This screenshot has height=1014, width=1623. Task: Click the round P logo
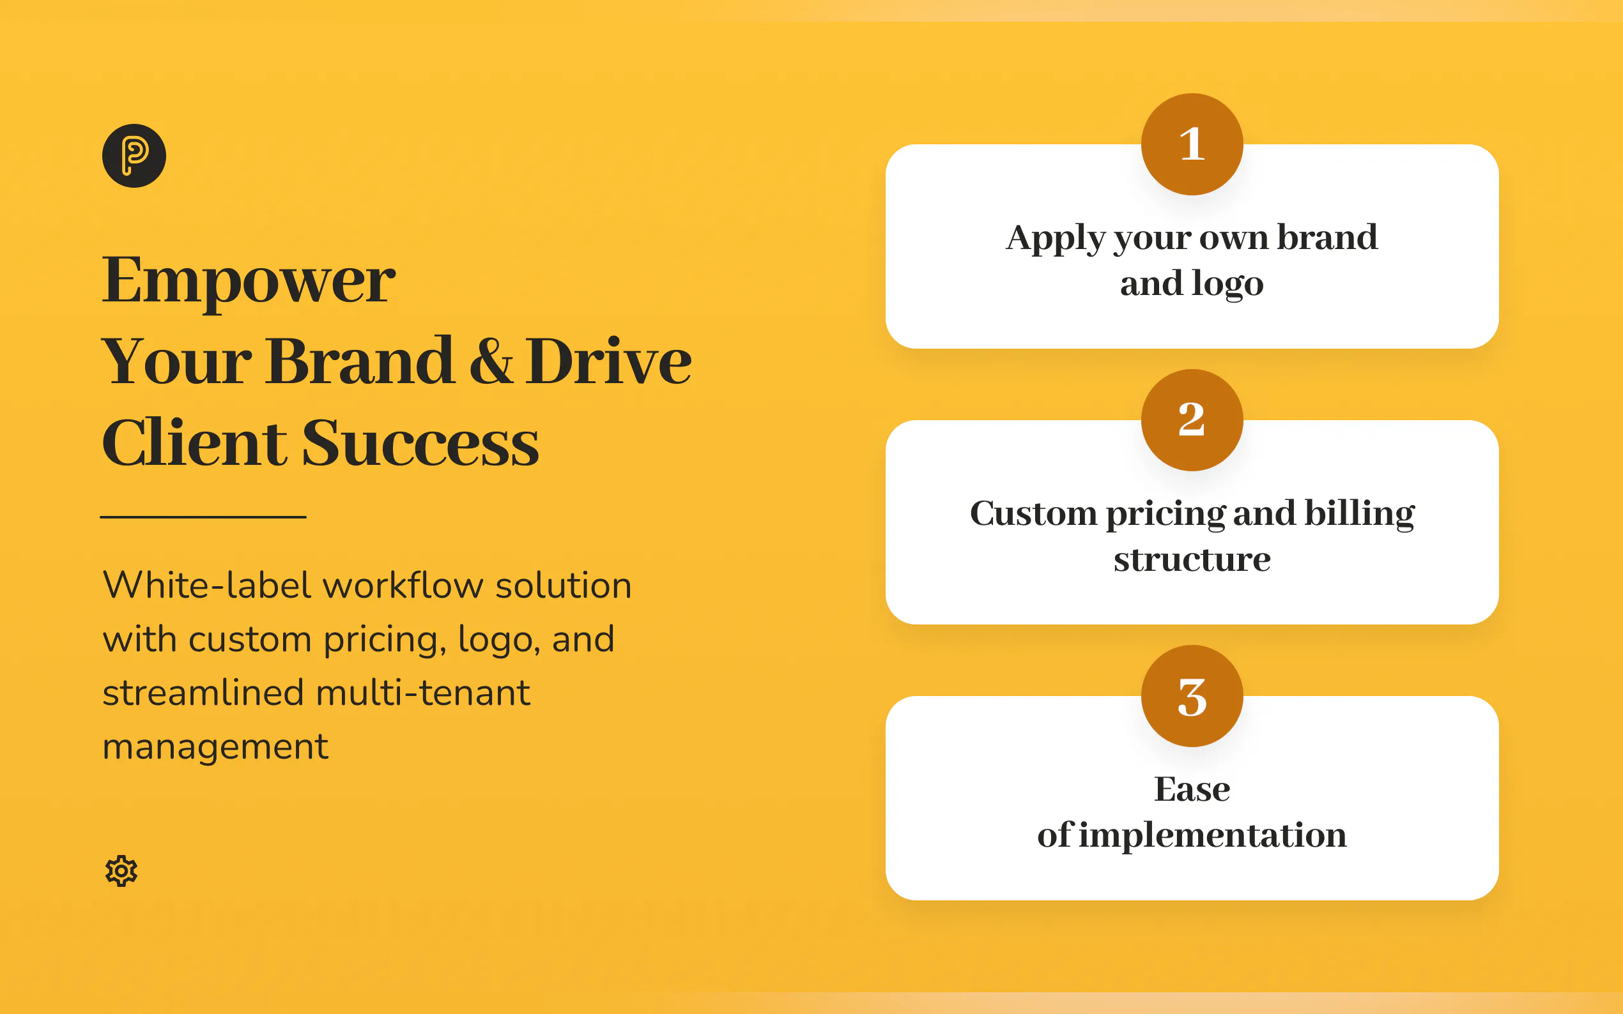pyautogui.click(x=134, y=156)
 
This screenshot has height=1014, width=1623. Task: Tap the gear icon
pyautogui.click(x=121, y=870)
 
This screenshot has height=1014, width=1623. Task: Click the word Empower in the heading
pyautogui.click(x=249, y=282)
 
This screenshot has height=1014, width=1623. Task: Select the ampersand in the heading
pyautogui.click(x=491, y=361)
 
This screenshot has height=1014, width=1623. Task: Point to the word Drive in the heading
pyautogui.click(x=608, y=361)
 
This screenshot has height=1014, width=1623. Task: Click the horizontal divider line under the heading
pyautogui.click(x=203, y=517)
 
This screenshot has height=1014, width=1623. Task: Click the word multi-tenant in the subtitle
pyautogui.click(x=423, y=692)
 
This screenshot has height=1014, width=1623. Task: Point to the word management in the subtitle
pyautogui.click(x=215, y=747)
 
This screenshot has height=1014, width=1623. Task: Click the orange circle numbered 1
pyautogui.click(x=1192, y=144)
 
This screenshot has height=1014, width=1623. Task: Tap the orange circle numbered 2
pyautogui.click(x=1192, y=420)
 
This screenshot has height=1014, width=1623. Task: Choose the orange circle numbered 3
pyautogui.click(x=1192, y=696)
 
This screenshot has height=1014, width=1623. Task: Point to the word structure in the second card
pyautogui.click(x=1192, y=559)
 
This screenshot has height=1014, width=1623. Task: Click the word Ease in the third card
pyautogui.click(x=1192, y=789)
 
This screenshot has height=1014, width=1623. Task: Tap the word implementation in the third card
pyautogui.click(x=1213, y=836)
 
